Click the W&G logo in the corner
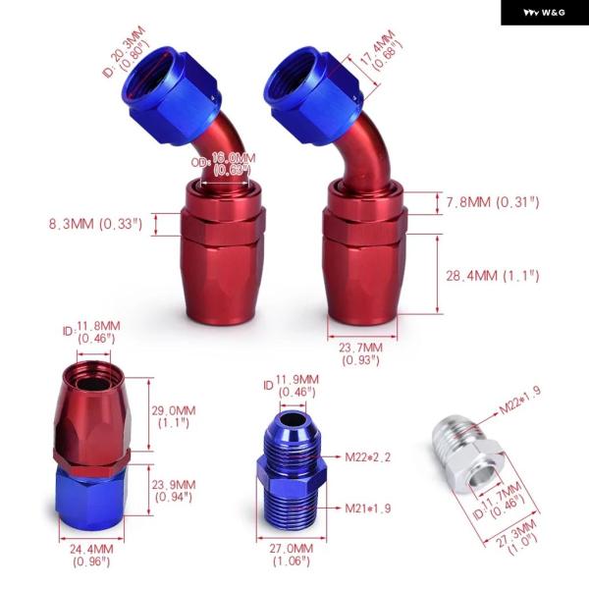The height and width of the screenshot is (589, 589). click(544, 13)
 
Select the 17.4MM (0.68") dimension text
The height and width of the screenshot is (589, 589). click(381, 50)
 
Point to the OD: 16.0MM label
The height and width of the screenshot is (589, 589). click(224, 164)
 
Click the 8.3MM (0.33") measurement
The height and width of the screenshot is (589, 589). click(96, 224)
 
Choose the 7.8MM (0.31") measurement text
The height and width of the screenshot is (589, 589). click(493, 202)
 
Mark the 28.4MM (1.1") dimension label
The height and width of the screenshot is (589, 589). click(493, 276)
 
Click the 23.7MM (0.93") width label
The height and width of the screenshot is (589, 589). click(361, 353)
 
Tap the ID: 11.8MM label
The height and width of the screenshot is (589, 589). click(91, 332)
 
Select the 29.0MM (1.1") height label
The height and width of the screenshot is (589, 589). click(174, 416)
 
